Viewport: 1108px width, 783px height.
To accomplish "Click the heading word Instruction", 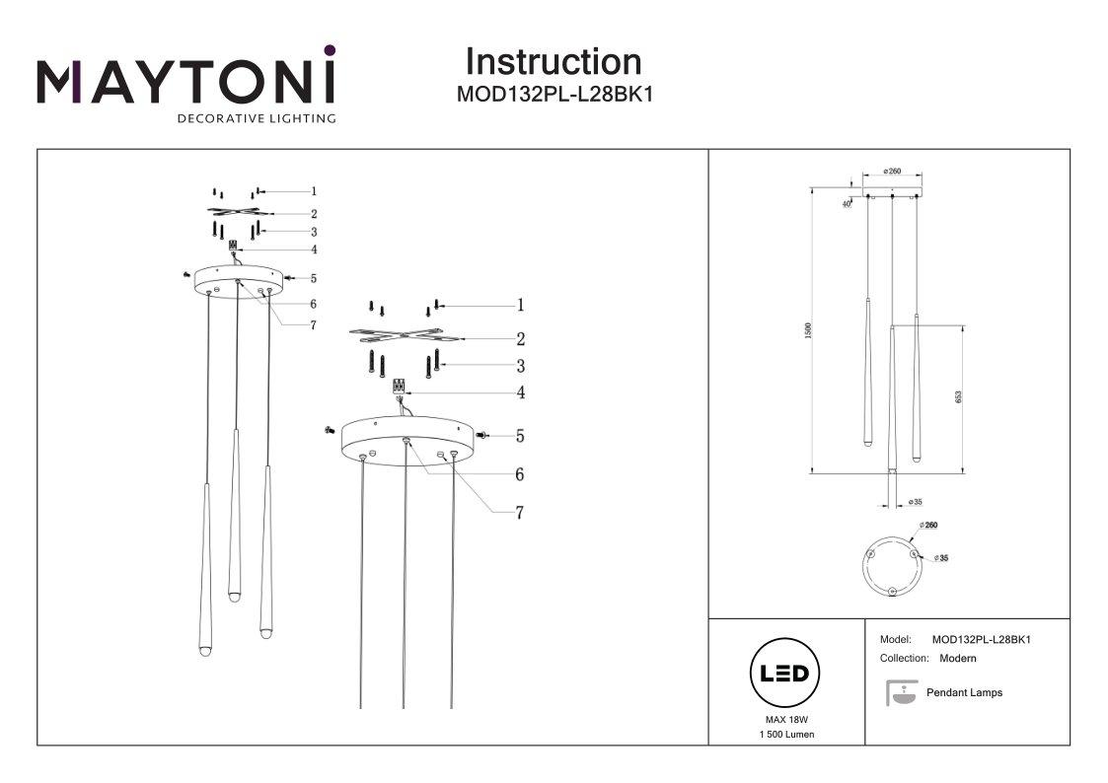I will click(553, 62).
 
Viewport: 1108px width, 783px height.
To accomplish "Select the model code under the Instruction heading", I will click(554, 96).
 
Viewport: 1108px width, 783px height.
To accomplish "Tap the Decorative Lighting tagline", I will click(256, 119).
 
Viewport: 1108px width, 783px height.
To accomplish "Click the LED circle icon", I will click(786, 675).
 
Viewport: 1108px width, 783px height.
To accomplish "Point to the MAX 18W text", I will click(786, 720).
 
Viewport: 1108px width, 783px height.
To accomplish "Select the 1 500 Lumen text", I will click(786, 736).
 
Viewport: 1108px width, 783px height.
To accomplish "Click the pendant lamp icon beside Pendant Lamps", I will click(898, 693).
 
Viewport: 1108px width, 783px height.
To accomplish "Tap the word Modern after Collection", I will click(957, 658).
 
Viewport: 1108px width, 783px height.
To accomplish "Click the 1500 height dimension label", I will click(807, 331).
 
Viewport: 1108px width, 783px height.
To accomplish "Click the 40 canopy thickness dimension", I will click(847, 204).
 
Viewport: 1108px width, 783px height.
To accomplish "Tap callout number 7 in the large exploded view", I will click(519, 512).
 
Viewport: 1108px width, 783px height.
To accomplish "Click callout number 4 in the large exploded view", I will click(519, 392).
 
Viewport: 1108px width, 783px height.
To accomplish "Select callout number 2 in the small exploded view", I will click(313, 213).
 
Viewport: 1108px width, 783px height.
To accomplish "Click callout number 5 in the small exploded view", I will click(313, 279).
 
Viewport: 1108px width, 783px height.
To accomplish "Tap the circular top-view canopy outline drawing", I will click(892, 566).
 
